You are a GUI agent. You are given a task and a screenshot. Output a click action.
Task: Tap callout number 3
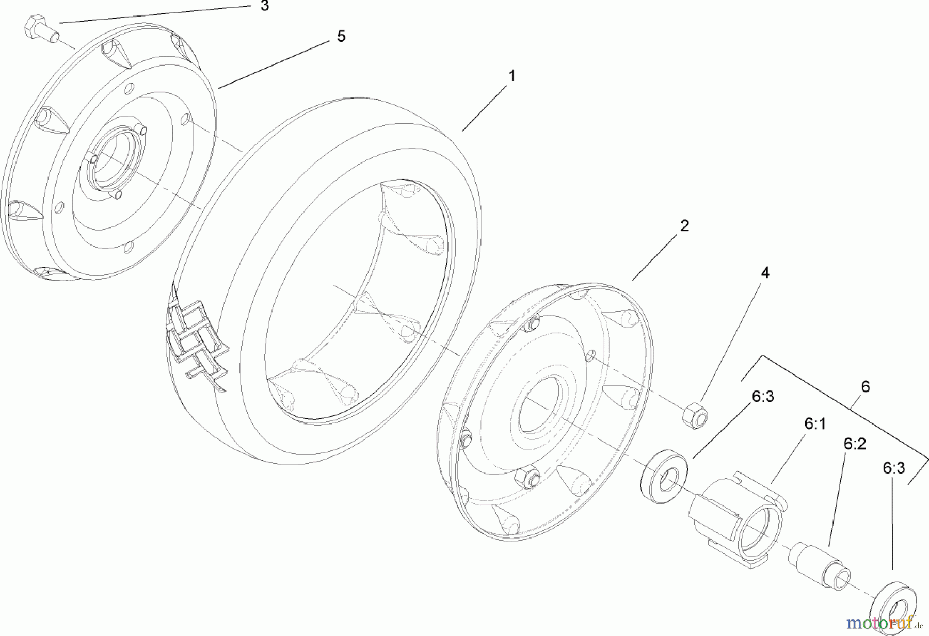pyautogui.click(x=264, y=7)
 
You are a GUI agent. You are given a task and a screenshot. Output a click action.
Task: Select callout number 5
pyautogui.click(x=341, y=37)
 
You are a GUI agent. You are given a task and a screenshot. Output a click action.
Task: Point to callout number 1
pyautogui.click(x=511, y=76)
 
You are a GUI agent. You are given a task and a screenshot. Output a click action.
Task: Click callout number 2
pyautogui.click(x=684, y=225)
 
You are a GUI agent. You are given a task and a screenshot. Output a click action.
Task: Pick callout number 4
pyautogui.click(x=765, y=273)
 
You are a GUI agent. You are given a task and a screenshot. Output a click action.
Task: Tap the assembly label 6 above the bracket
pyautogui.click(x=866, y=386)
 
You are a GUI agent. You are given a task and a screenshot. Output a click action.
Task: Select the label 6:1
pyautogui.click(x=814, y=424)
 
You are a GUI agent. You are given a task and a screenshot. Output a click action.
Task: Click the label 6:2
pyautogui.click(x=855, y=444)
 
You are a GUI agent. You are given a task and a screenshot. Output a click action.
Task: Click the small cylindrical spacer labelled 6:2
pyautogui.click(x=818, y=565)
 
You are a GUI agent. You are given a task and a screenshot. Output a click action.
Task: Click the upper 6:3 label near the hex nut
pyautogui.click(x=763, y=397)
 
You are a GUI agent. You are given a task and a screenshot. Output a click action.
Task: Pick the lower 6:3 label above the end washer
pyautogui.click(x=893, y=468)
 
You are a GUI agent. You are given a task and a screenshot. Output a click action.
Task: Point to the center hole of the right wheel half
pyautogui.click(x=540, y=405)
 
